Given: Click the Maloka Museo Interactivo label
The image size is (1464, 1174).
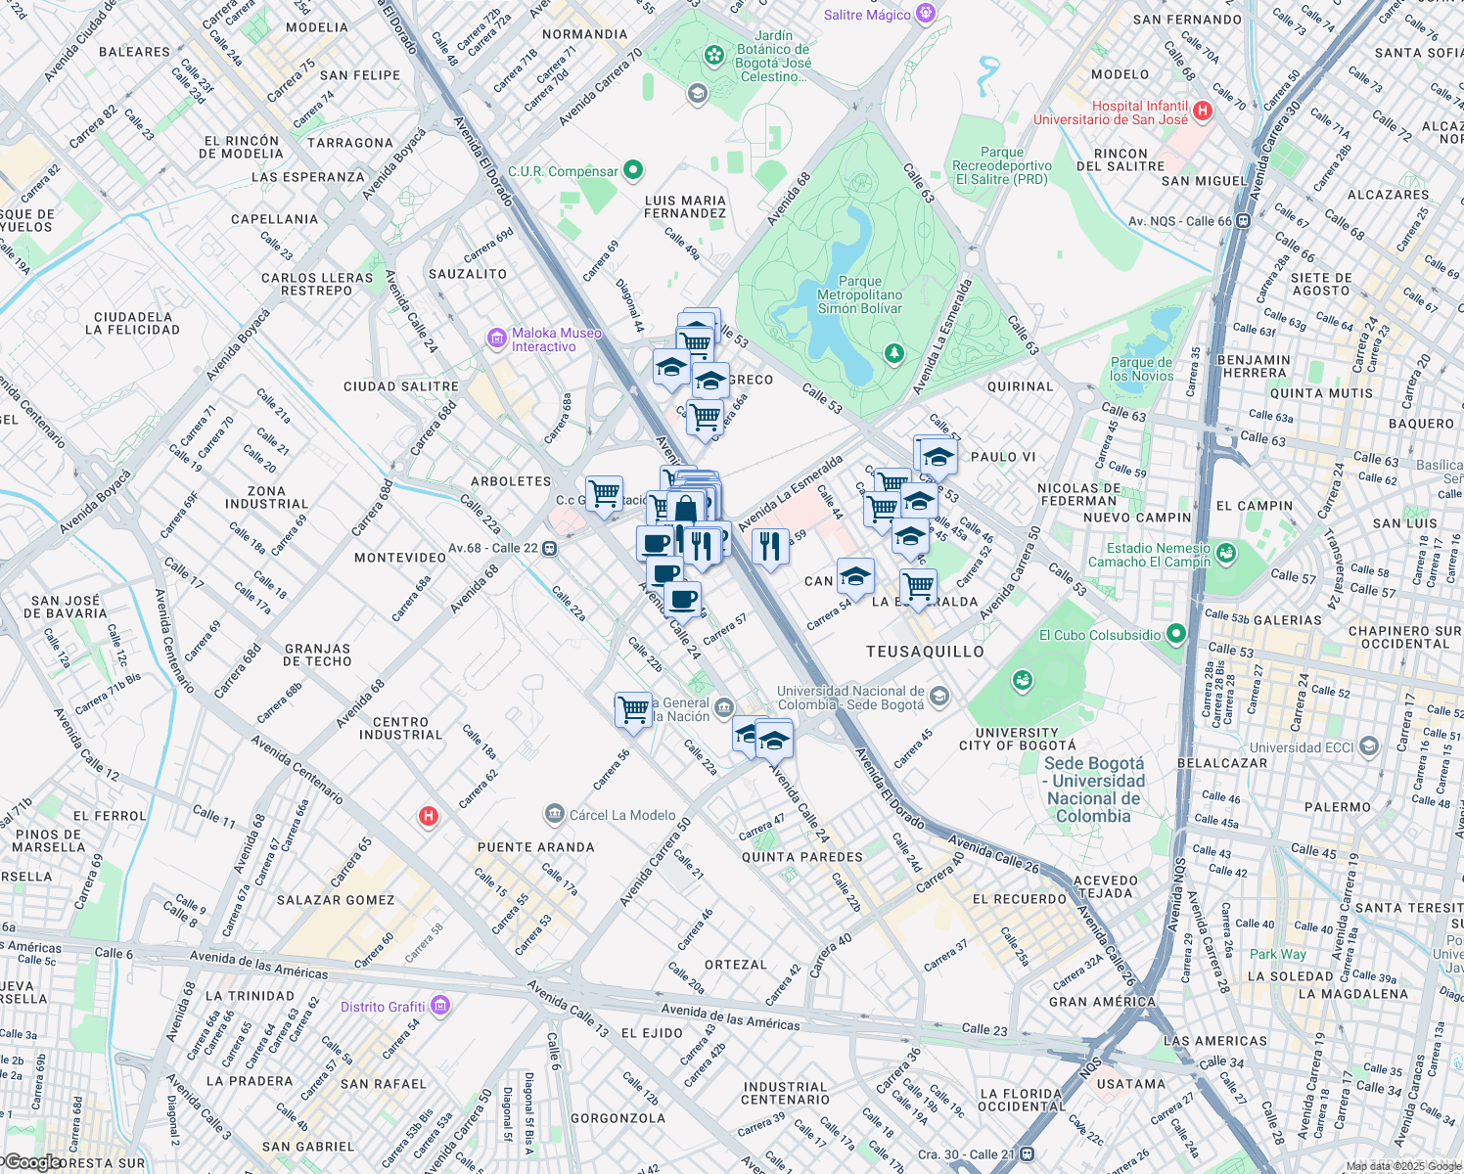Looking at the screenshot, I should pos(556,339).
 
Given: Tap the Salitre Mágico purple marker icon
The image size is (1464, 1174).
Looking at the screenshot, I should pos(927,14).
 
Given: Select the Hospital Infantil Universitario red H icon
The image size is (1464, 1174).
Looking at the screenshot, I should pos(1203,112).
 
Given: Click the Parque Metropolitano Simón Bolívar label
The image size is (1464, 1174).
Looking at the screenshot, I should pos(860,294).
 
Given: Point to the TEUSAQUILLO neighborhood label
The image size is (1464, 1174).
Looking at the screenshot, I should pos(925,652).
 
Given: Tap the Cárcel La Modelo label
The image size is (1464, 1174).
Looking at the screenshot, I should pos(622,815).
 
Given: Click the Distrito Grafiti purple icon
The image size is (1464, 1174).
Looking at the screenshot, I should pos(439,1006).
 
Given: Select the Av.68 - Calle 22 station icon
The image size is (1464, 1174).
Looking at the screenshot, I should pos(550,549).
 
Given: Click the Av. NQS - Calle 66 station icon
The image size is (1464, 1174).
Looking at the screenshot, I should pos(1243,221).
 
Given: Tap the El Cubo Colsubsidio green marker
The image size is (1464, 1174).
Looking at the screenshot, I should pos(1176,635).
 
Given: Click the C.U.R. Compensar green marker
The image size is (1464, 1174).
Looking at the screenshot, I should pos(633,170).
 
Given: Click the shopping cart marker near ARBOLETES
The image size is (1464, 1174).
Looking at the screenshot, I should pos(604,491).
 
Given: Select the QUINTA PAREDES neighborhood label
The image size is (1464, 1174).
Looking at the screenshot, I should pos(801,857).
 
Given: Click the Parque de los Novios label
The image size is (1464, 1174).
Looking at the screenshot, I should pos(1141,369).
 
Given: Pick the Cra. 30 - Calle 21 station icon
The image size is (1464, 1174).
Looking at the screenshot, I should pos(1027,1154).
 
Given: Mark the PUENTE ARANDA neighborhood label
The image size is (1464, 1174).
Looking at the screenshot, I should pos(535,847).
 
